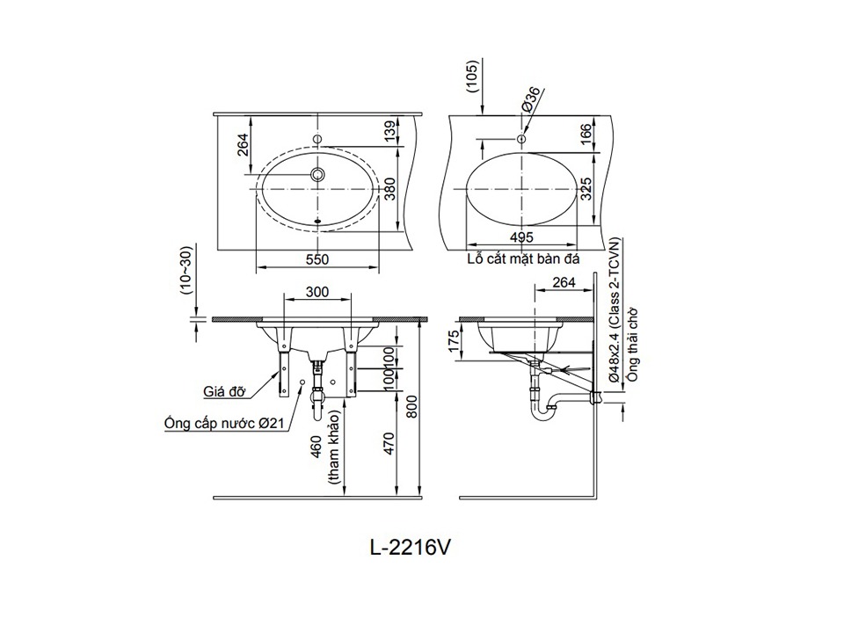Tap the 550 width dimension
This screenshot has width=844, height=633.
tap(317, 259)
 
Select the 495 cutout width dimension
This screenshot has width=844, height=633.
tap(521, 237)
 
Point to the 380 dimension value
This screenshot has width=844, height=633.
tap(390, 189)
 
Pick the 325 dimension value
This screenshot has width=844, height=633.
tap(586, 189)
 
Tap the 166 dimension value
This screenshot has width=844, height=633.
tap(586, 131)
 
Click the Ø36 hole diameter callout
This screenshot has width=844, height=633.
tap(531, 99)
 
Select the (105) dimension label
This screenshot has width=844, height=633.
tap(471, 77)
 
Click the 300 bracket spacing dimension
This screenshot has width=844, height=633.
tap(317, 292)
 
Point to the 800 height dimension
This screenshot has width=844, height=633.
tap(411, 407)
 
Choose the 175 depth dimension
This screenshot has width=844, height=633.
tap(454, 341)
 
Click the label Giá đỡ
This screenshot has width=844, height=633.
tap(224, 390)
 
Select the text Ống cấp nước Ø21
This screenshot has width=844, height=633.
tap(224, 423)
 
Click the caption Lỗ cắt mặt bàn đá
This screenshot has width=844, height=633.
tap(523, 258)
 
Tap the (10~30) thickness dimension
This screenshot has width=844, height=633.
tap(186, 272)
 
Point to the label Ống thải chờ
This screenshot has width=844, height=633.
tap(632, 345)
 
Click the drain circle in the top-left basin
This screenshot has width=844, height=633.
tap(317, 174)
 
